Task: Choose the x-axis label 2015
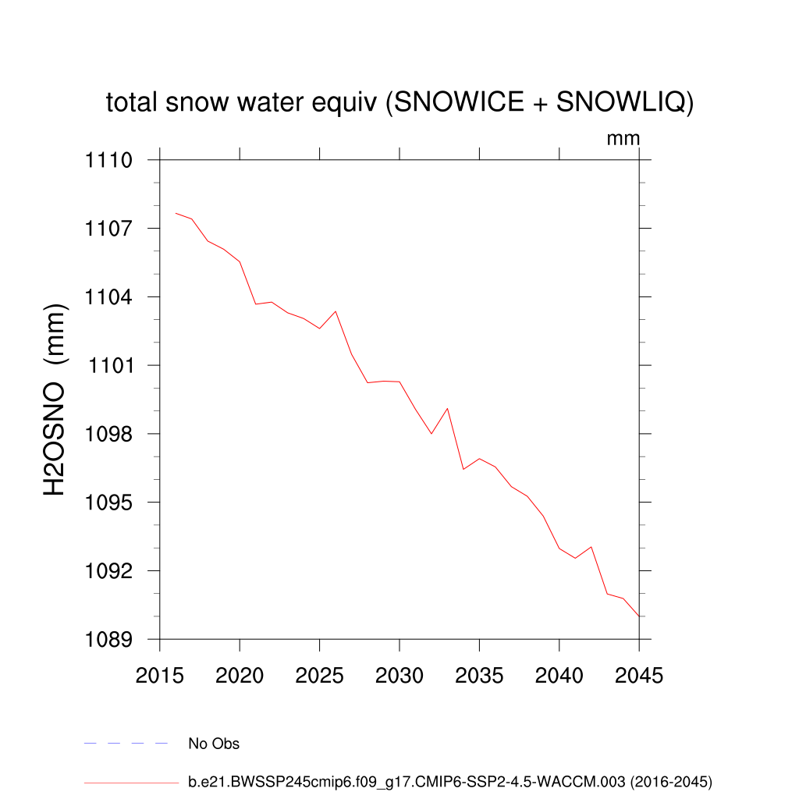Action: coord(159,676)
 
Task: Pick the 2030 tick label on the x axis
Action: coord(399,676)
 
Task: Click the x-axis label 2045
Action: coord(639,676)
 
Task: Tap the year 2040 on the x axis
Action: coord(559,676)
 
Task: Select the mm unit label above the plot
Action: coord(623,139)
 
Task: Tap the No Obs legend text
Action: coord(214,744)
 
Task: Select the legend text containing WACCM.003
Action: coord(450,781)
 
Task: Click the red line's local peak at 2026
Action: coord(336,311)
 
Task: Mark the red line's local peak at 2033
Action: coord(447,408)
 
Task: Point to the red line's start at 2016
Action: coord(176,213)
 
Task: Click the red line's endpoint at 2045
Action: coord(639,616)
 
